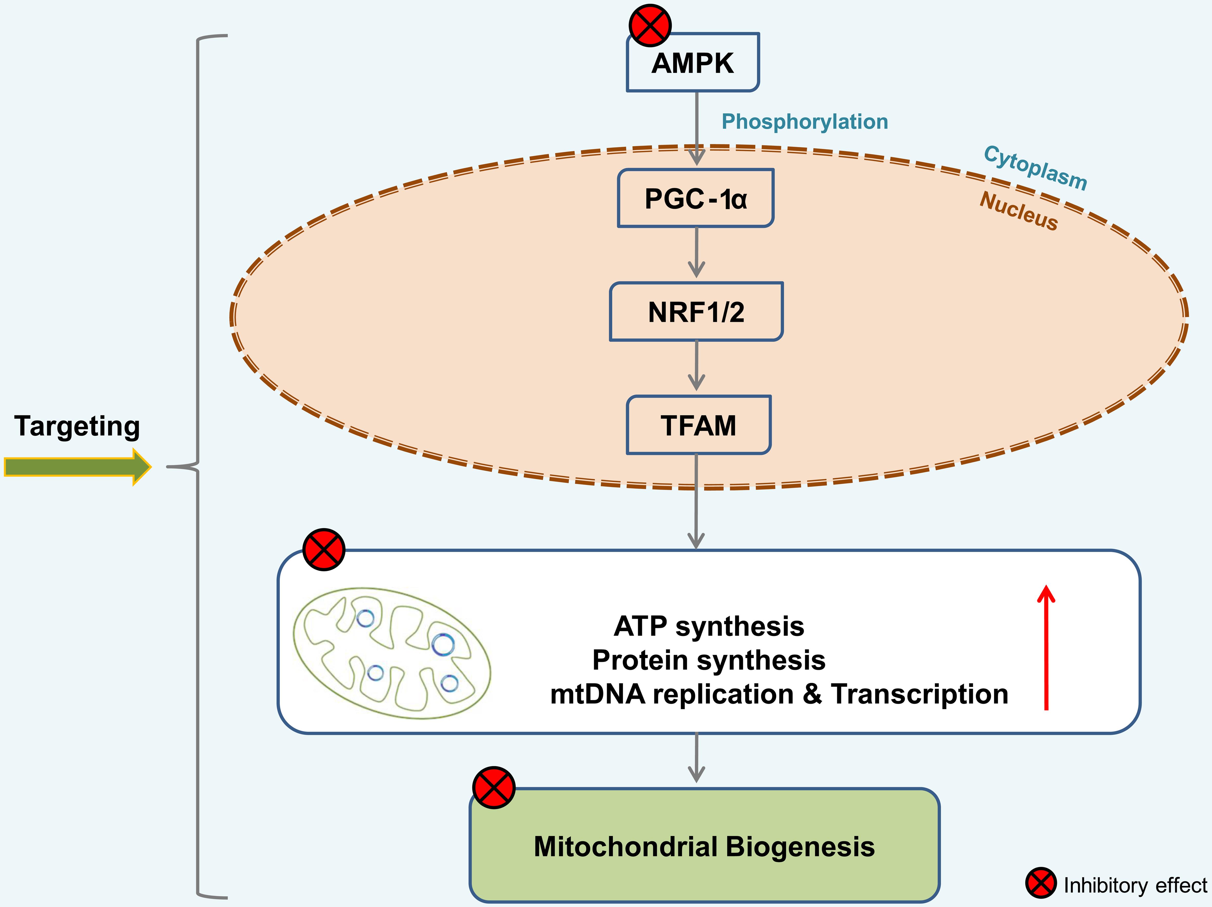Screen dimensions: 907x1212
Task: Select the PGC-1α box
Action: tap(695, 198)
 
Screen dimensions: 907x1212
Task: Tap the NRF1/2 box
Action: tap(696, 312)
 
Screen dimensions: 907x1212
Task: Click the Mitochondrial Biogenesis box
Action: tap(704, 846)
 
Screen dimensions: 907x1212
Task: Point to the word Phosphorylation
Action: tap(804, 122)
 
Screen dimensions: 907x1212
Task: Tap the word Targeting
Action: tap(77, 426)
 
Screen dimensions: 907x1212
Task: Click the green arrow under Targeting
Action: tap(77, 467)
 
